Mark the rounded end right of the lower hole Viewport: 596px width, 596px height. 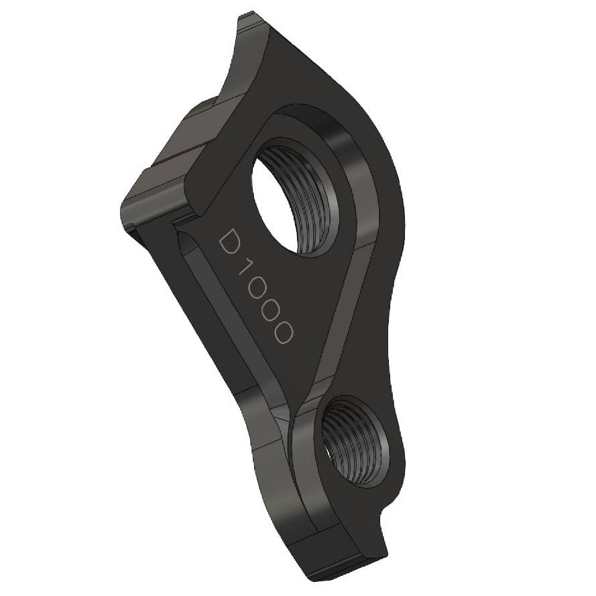pyautogui.click(x=402, y=463)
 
